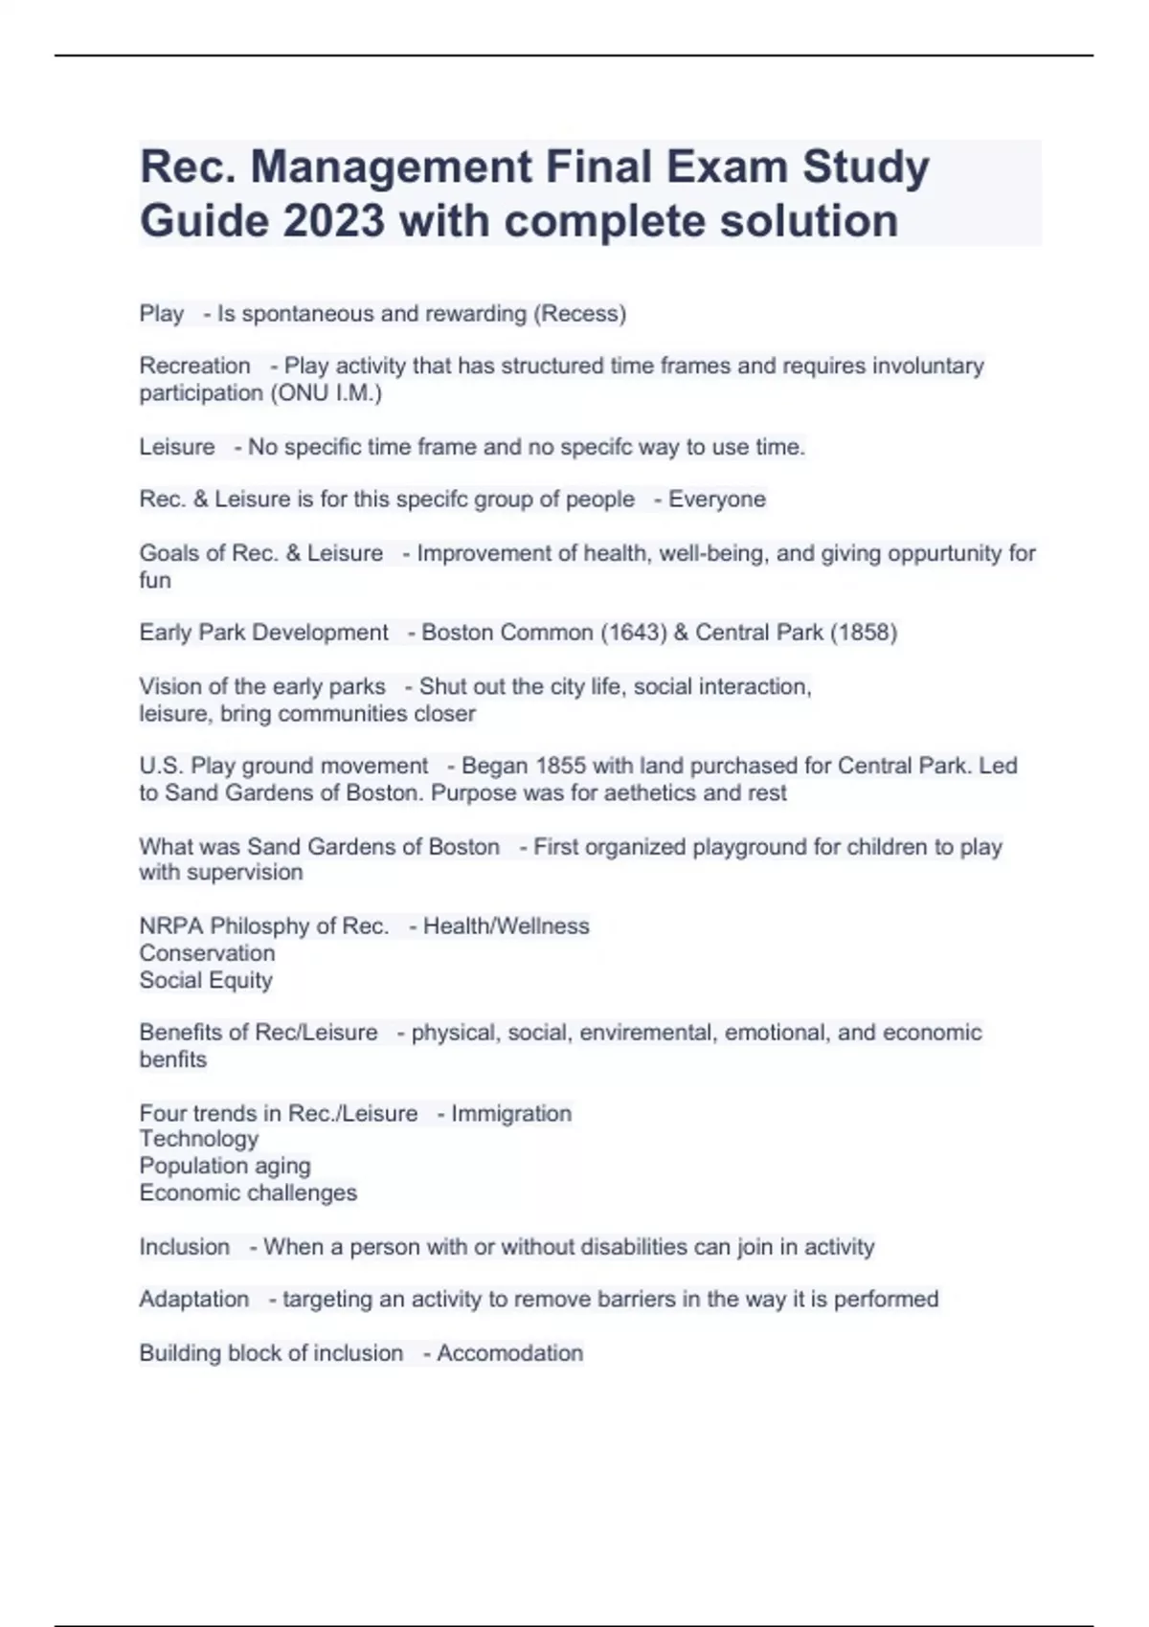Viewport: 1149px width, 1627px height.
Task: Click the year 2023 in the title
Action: (x=334, y=221)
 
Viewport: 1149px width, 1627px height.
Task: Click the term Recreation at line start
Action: (x=194, y=366)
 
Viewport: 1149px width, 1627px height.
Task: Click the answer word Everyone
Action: (x=717, y=500)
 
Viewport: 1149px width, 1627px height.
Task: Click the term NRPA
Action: (x=171, y=926)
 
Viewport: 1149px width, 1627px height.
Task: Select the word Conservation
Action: (x=207, y=953)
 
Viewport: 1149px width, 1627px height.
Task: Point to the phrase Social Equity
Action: (x=206, y=980)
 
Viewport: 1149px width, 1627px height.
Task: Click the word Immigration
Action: (x=511, y=1114)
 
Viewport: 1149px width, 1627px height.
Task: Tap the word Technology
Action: (x=199, y=1139)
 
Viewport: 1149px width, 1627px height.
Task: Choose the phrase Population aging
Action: (x=225, y=1166)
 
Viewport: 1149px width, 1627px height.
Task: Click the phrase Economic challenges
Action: (x=248, y=1193)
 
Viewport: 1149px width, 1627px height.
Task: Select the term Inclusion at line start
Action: (x=185, y=1247)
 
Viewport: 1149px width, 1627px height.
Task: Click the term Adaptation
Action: (x=194, y=1300)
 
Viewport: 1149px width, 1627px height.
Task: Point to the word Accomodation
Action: (x=510, y=1353)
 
